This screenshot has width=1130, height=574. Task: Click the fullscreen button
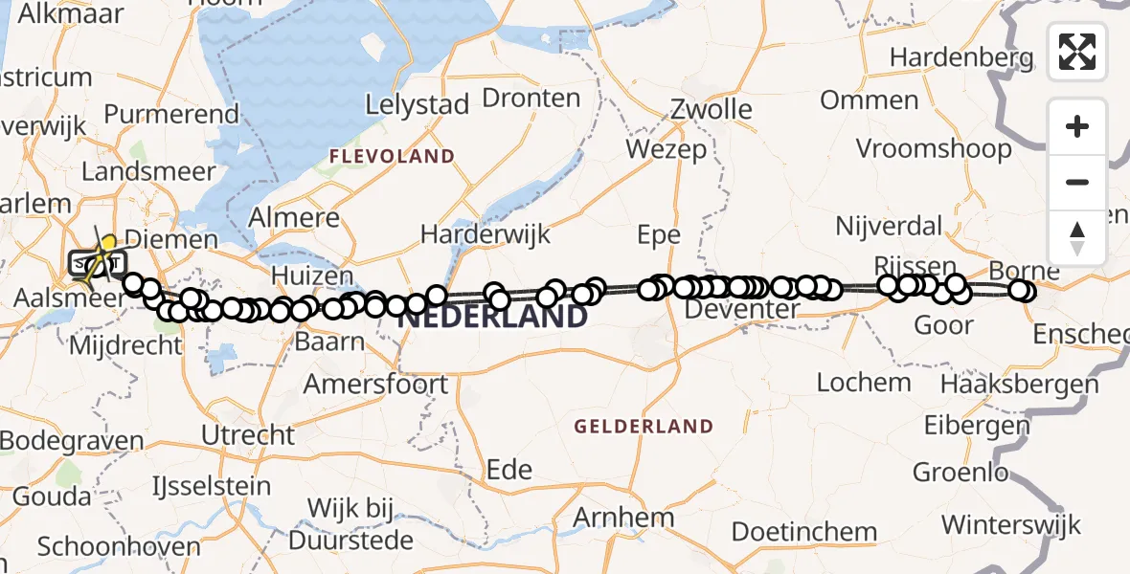1077,52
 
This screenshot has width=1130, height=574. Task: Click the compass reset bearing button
1077,237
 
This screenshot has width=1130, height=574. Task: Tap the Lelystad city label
418,104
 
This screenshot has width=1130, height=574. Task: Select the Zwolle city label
711,109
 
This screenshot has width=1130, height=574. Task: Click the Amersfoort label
375,385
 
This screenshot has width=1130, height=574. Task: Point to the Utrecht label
248,435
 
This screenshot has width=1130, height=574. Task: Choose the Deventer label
742,310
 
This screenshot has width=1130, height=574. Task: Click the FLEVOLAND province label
392,156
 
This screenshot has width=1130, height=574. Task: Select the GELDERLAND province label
643,427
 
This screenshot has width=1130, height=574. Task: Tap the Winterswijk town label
1010,525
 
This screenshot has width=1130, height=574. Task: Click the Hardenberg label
961,57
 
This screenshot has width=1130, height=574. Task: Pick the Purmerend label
171,114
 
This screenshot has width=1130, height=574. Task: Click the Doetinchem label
804,532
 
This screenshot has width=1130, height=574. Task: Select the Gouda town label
52,497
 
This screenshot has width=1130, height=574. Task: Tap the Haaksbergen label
1019,385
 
